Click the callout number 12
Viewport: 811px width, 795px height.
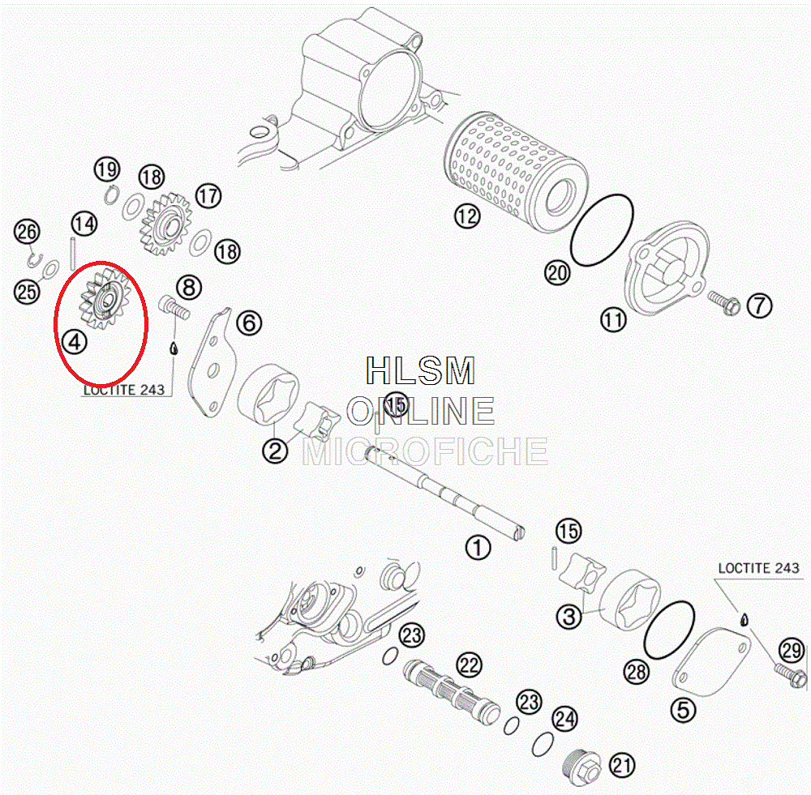point(467,216)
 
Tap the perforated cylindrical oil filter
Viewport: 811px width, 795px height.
point(516,172)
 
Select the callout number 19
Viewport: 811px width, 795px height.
point(107,169)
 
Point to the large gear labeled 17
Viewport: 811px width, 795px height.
point(166,224)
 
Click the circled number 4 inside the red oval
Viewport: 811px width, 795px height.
point(75,342)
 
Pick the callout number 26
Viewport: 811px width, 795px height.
point(27,231)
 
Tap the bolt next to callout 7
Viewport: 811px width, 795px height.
point(724,303)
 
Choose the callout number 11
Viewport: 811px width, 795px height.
point(613,319)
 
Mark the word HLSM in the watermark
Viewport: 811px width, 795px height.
point(420,370)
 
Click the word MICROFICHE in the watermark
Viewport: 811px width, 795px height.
point(425,451)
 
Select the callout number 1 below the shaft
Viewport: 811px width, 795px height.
point(478,548)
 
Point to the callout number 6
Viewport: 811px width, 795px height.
point(249,323)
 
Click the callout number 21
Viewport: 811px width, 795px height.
point(622,765)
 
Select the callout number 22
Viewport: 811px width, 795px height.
point(469,665)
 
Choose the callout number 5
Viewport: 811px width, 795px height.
point(683,710)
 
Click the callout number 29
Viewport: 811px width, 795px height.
point(792,650)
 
